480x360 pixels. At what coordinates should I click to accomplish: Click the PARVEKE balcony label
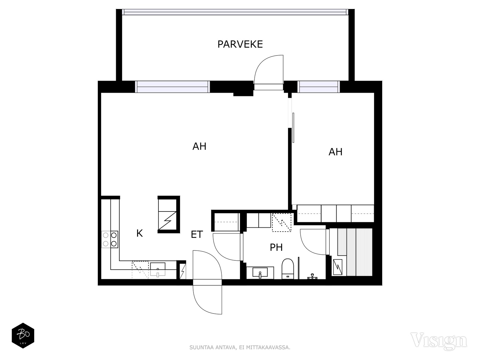pos(240,44)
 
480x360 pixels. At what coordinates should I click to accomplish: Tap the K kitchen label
pos(139,233)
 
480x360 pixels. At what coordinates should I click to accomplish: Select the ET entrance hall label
pos(197,235)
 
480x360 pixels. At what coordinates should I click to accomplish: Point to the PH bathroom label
pos(276,247)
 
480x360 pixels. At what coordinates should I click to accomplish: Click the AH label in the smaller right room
pos(335,152)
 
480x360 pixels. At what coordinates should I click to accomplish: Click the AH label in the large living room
pos(199,146)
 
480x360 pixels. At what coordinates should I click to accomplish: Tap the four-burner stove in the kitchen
pos(110,239)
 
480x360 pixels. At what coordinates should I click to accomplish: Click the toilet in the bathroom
pos(287,269)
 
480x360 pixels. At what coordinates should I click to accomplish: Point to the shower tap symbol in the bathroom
pos(312,276)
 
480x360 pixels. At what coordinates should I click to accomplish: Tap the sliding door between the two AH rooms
pos(293,128)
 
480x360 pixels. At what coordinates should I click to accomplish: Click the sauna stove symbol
pos(338,267)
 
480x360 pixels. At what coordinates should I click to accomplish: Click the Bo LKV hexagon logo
pos(23,335)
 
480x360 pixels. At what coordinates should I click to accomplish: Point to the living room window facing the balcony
pos(172,87)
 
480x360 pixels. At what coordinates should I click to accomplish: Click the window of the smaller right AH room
pos(319,87)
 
